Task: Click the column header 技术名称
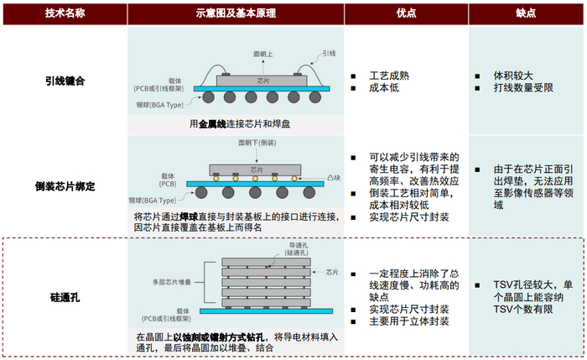click(x=65, y=13)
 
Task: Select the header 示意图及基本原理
click(x=236, y=13)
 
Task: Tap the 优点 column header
click(x=406, y=13)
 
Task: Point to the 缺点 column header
click(x=526, y=13)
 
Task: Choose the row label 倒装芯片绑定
click(x=65, y=185)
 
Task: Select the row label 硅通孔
click(x=65, y=298)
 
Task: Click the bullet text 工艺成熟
click(x=389, y=76)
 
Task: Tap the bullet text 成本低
click(x=384, y=89)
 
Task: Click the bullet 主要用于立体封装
click(x=409, y=321)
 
